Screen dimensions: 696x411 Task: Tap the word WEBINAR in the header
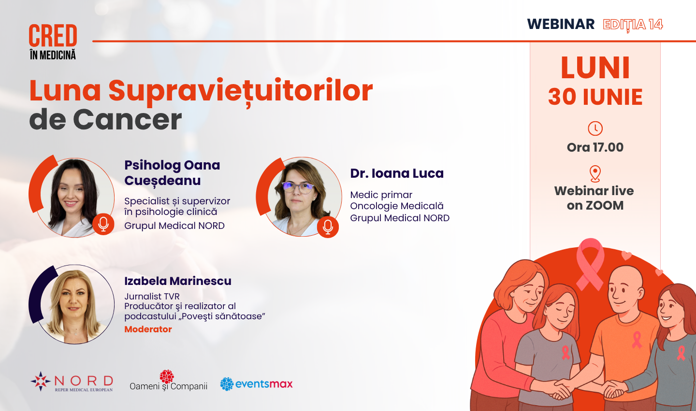tap(561, 24)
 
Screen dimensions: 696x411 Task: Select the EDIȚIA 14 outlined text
tap(633, 25)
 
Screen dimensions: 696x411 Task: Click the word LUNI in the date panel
tap(595, 68)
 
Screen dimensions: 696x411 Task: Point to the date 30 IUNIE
tap(595, 97)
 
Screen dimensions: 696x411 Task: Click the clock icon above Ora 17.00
tap(595, 128)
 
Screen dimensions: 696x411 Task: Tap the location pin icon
tap(595, 174)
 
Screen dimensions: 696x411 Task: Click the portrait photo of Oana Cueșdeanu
tap(75, 198)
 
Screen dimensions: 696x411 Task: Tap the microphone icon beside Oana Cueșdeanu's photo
tap(103, 224)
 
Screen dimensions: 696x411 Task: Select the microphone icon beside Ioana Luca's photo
tap(328, 227)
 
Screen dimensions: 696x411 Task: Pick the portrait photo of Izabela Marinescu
tap(75, 304)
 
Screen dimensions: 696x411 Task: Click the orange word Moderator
tap(148, 329)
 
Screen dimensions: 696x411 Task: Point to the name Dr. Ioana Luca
tap(397, 173)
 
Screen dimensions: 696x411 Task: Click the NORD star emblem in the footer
tap(41, 381)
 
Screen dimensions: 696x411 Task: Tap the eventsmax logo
tap(256, 384)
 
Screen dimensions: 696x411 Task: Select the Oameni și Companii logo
tap(168, 381)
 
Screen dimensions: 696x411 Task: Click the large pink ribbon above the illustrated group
tap(590, 264)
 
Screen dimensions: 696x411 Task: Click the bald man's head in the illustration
tap(624, 289)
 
